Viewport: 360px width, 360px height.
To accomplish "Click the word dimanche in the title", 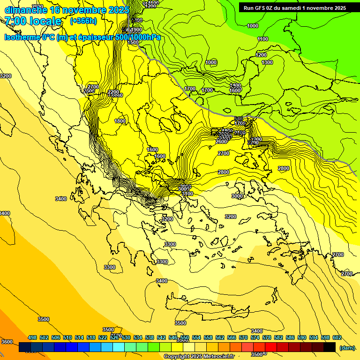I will click(26, 10).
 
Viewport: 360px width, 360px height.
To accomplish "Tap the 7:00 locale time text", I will click(33, 21).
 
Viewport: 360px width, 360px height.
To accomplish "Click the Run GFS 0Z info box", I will click(295, 8).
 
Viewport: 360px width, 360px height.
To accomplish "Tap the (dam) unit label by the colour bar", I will click(347, 347).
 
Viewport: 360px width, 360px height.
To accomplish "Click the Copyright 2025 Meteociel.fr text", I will click(199, 357).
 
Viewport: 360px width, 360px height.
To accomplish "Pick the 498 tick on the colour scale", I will click(32, 337).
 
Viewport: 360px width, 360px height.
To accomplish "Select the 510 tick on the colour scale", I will click(67, 337).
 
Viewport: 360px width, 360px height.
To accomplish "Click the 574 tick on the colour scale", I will click(255, 337).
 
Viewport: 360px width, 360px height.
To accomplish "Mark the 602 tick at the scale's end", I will click(337, 337).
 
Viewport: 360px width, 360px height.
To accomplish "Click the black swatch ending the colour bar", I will click(330, 347).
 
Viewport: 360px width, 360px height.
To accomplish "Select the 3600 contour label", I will click(7, 342).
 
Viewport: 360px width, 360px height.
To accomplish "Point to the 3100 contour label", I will click(187, 194).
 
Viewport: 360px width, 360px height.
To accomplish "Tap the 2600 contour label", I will click(222, 142).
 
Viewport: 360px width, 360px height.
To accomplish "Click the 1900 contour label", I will click(136, 30).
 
